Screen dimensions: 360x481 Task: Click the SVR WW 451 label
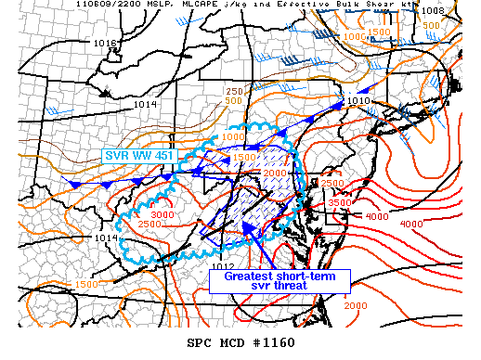135,155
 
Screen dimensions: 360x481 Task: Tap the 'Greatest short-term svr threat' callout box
279,281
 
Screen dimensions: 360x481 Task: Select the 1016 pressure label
105,44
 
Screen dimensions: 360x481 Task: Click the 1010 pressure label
357,100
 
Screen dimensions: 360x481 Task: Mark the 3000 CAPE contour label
162,215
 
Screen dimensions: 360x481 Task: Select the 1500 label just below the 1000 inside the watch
243,157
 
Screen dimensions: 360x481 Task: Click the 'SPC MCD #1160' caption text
240,342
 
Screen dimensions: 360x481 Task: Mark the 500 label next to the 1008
457,24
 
